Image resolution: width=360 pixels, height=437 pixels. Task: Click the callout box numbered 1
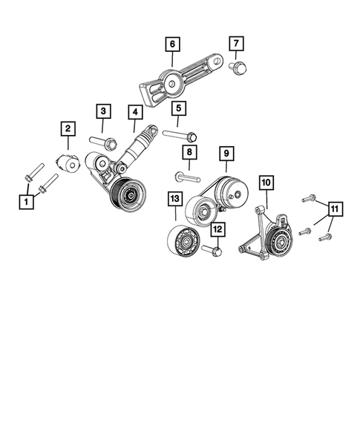(x=27, y=201)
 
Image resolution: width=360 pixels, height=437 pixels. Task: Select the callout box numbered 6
(x=171, y=45)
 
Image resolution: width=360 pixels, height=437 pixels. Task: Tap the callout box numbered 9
(x=226, y=154)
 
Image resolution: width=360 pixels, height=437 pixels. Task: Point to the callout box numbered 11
(x=335, y=210)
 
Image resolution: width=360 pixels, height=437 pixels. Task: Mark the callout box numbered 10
(x=266, y=181)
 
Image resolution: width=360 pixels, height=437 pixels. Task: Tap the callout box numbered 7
(x=236, y=45)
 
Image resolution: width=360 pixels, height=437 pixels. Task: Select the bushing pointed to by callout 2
(x=68, y=163)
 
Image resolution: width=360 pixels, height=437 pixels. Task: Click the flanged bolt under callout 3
(x=102, y=141)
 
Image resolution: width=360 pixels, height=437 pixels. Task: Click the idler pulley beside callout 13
(x=181, y=240)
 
